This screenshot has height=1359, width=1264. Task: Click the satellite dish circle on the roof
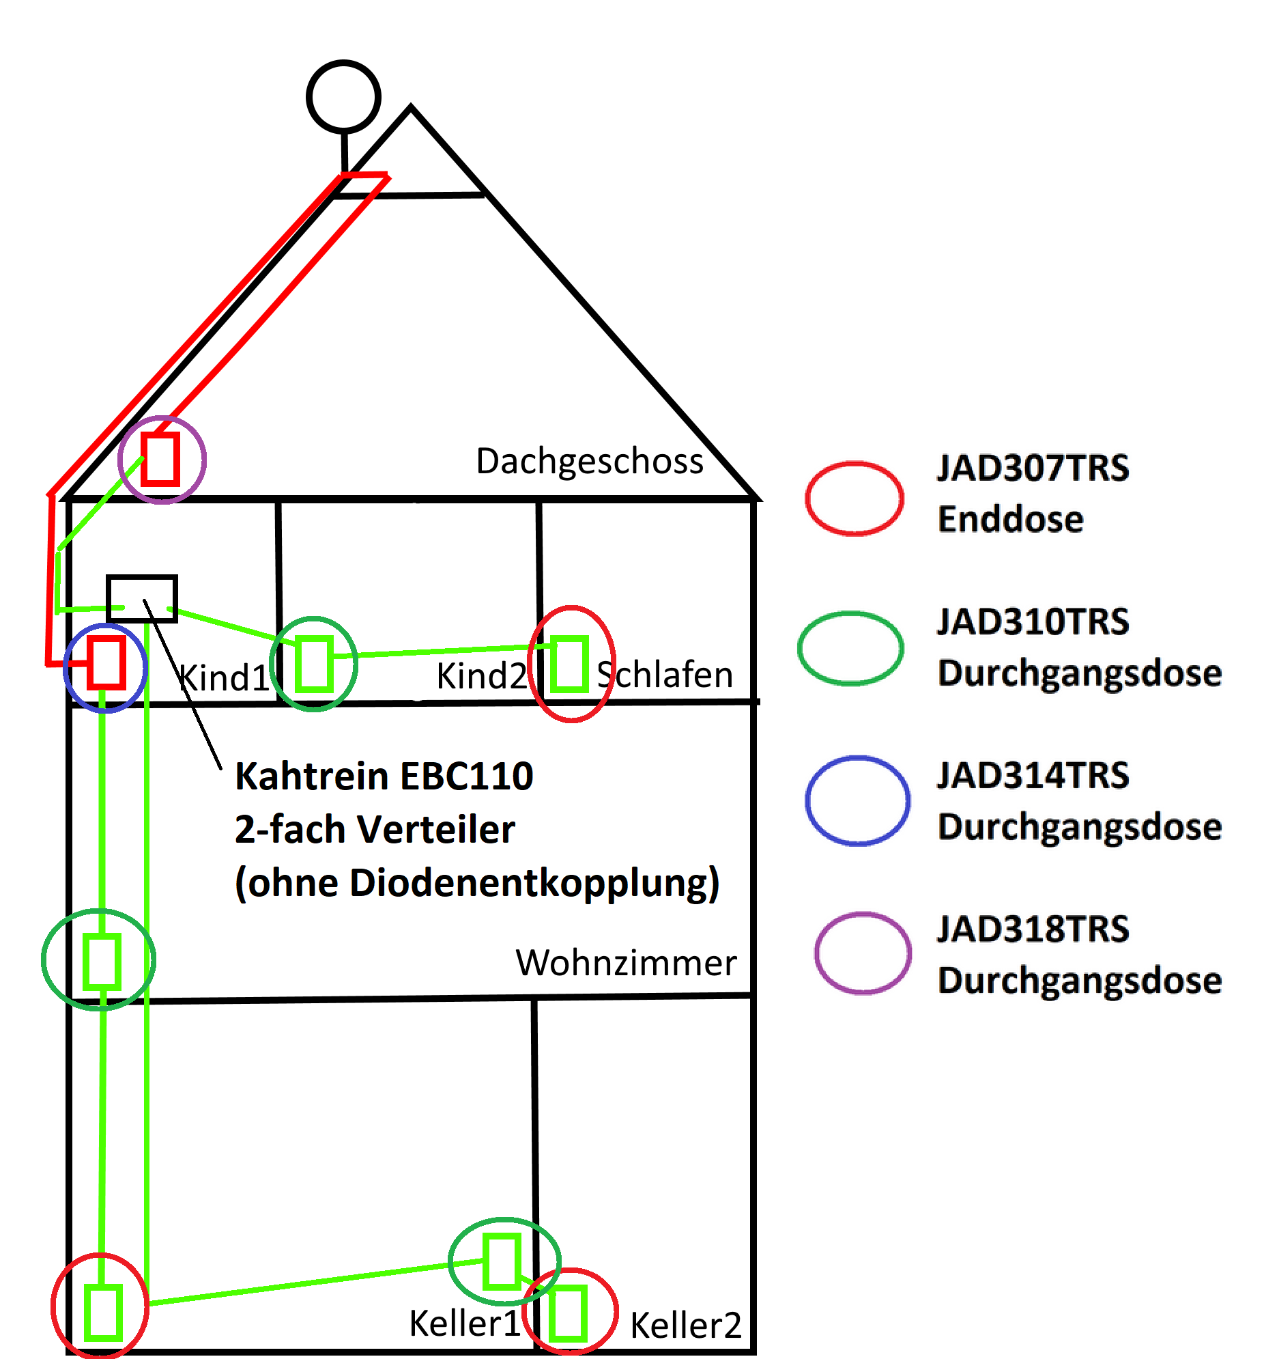click(x=343, y=96)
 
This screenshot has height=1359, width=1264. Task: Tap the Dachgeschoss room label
click(x=589, y=461)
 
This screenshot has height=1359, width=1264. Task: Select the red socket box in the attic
click(x=161, y=459)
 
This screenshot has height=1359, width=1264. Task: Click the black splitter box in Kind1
click(x=142, y=598)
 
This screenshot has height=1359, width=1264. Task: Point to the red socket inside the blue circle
click(x=106, y=662)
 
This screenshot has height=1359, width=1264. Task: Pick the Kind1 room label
click(x=224, y=677)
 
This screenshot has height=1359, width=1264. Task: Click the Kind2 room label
click(x=481, y=675)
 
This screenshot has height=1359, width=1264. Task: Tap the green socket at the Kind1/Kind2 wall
click(x=314, y=663)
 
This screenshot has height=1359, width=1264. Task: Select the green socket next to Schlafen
click(x=569, y=664)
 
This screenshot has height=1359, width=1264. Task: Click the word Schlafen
click(x=665, y=674)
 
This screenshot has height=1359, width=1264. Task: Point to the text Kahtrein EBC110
click(x=384, y=776)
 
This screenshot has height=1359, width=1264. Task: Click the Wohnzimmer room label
click(x=626, y=962)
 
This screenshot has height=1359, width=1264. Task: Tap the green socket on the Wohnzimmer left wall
click(x=102, y=961)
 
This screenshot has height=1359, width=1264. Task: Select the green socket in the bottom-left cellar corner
click(x=103, y=1312)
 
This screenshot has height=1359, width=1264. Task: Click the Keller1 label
click(x=465, y=1323)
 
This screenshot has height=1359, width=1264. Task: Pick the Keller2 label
click(x=685, y=1325)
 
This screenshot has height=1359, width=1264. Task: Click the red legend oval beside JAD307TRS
click(x=854, y=498)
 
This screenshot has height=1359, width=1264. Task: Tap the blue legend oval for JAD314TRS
click(x=857, y=800)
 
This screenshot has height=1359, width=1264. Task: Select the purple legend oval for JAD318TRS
click(x=863, y=952)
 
